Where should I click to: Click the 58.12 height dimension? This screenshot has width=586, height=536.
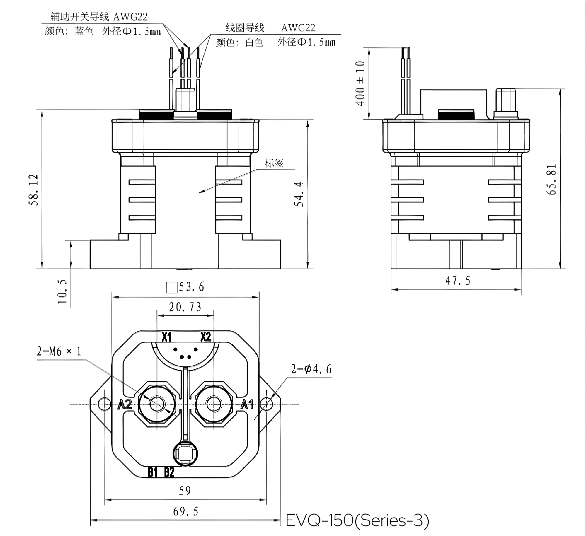point(33,190)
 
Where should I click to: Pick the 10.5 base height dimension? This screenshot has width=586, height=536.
point(62,292)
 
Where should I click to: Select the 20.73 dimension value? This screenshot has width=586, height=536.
point(185,307)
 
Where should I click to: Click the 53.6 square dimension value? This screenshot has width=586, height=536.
point(191,287)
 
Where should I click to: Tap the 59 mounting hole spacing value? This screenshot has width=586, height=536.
point(185,491)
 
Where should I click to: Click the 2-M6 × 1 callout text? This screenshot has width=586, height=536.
point(59,351)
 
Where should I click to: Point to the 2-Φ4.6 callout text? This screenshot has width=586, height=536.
point(311,369)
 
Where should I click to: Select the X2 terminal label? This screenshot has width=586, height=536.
point(206,337)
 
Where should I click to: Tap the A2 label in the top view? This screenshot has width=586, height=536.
point(125,404)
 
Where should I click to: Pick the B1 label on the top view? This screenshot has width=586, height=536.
point(153,472)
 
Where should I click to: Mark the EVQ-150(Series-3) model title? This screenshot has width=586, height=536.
point(357,520)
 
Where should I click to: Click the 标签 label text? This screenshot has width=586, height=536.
point(274,163)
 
